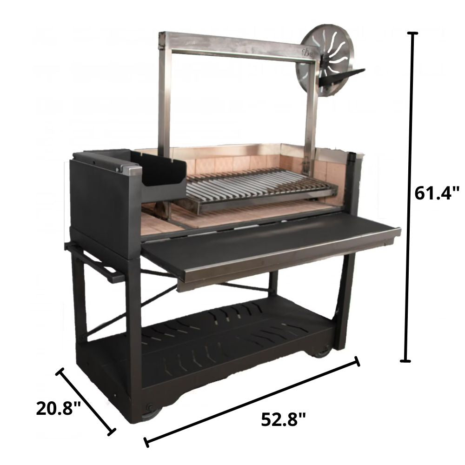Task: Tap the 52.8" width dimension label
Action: pos(283,419)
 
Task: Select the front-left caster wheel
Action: pos(151,411)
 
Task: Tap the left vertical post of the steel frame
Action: pos(164,93)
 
